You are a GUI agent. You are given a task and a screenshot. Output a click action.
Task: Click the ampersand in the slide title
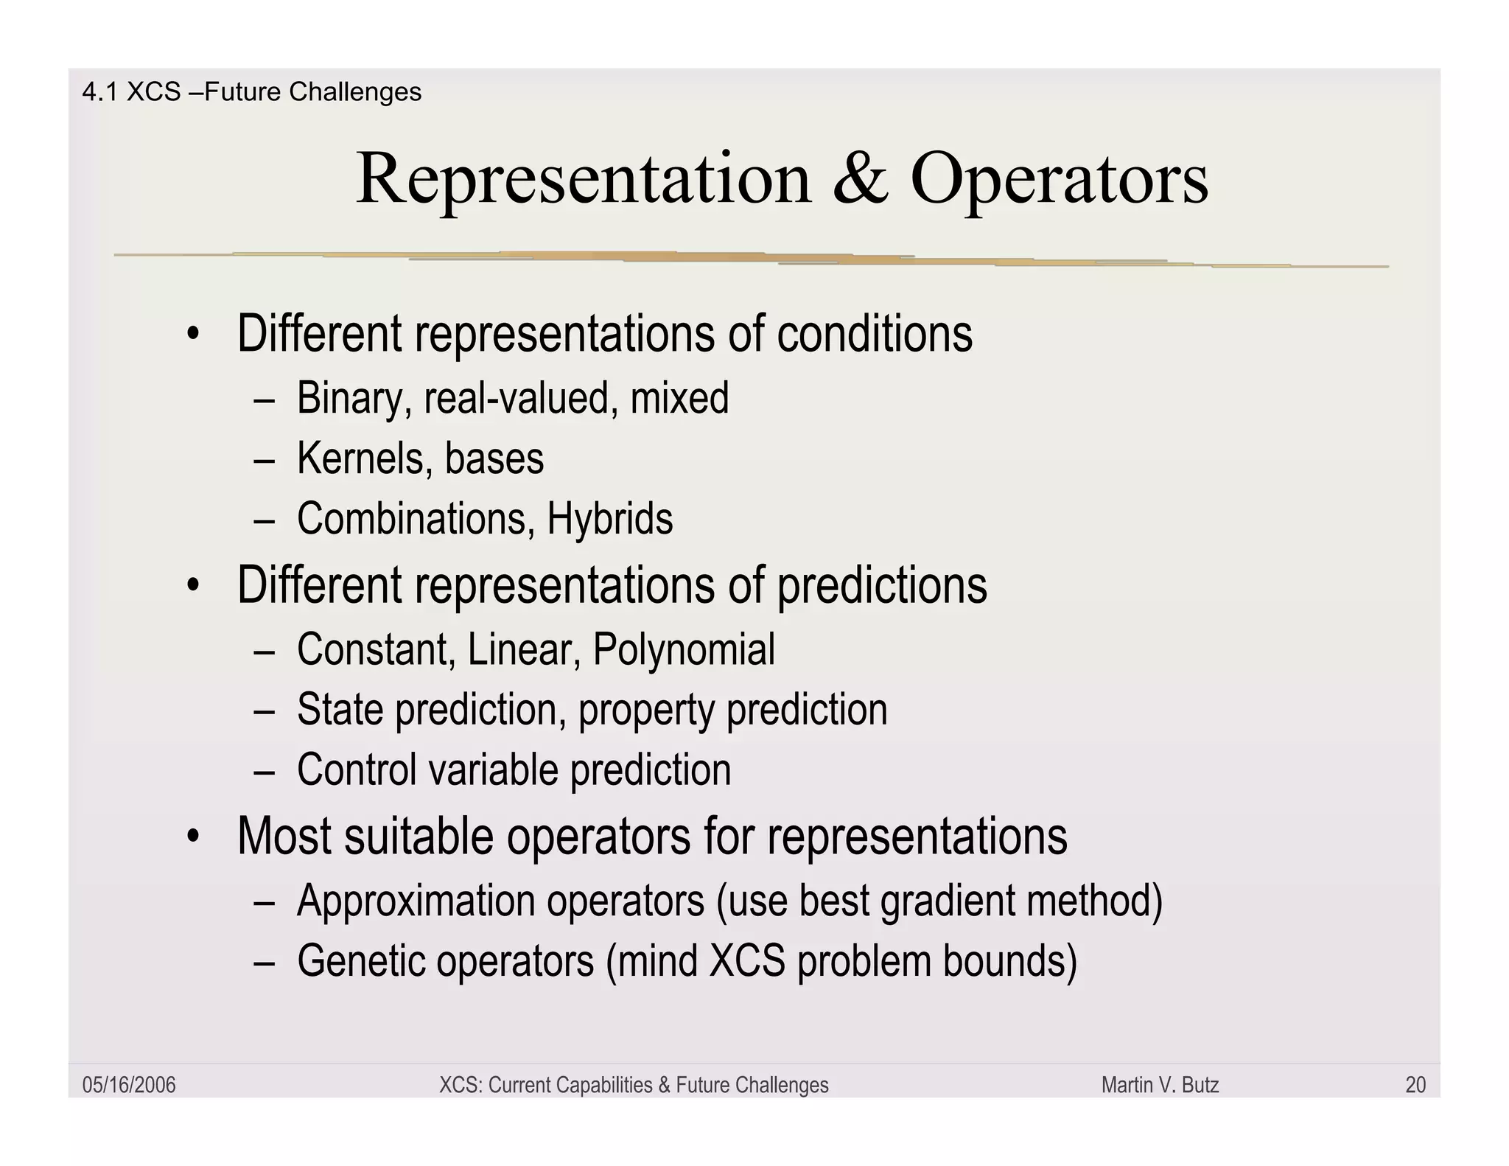coord(860,179)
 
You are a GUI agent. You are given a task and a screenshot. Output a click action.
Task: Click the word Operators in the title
coord(1059,179)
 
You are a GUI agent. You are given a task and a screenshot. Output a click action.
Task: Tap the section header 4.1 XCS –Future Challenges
coord(251,92)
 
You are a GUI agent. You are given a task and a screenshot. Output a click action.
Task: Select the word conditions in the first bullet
coord(875,334)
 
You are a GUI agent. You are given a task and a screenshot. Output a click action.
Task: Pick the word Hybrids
coord(609,518)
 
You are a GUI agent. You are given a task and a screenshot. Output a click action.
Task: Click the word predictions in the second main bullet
coord(882,585)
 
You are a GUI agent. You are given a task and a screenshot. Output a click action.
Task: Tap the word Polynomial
coord(684,649)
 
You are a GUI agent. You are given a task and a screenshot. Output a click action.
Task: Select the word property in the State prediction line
coord(646,710)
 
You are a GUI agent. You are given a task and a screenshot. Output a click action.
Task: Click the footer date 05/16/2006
coord(129,1085)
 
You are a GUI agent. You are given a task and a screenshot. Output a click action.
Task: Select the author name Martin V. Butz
coord(1160,1085)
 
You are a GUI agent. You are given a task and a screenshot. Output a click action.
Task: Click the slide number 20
coord(1415,1085)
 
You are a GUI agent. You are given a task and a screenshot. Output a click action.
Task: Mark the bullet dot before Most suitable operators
coord(193,838)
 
